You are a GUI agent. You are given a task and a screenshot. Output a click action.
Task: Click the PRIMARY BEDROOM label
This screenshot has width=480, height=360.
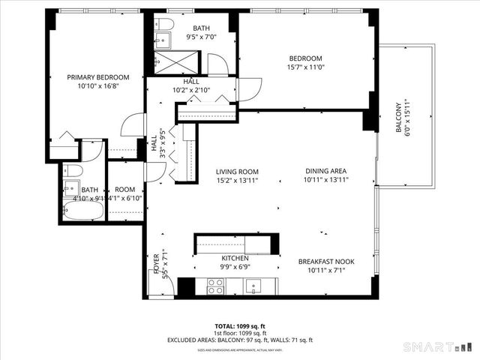tap(97, 77)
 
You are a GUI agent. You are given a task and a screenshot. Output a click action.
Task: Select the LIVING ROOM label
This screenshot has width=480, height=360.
tap(238, 171)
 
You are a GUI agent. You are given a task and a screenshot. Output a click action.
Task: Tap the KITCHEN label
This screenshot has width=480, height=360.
tap(235, 258)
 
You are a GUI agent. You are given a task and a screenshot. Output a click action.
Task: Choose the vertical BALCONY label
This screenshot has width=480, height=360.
tap(399, 116)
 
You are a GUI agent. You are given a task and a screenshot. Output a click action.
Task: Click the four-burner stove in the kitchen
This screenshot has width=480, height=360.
tap(215, 285)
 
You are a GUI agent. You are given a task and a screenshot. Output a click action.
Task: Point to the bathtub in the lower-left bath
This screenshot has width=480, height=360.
tap(82, 211)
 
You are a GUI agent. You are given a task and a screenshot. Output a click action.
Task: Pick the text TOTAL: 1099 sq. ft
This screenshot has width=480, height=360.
tap(239, 326)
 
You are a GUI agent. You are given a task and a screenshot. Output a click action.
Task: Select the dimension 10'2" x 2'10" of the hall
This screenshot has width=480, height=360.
tap(191, 91)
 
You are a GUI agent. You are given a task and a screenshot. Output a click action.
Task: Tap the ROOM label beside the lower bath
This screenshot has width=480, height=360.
tap(124, 190)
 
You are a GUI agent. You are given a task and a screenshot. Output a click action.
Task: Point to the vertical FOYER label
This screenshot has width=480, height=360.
tap(157, 265)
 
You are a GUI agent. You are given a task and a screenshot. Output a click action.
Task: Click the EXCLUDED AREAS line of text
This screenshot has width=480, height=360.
tap(239, 340)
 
